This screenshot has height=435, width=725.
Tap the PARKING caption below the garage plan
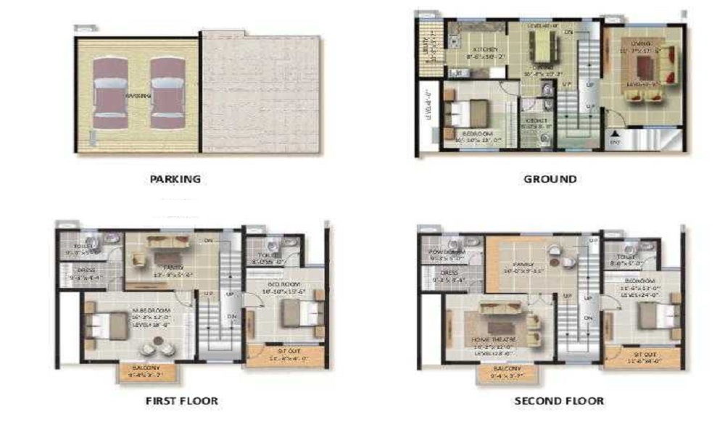coord(175,178)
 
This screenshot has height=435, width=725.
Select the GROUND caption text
coord(550,178)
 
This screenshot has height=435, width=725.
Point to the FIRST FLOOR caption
coord(181,400)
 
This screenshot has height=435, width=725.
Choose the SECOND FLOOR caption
coord(559,400)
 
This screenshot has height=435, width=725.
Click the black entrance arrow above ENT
coord(616,133)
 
